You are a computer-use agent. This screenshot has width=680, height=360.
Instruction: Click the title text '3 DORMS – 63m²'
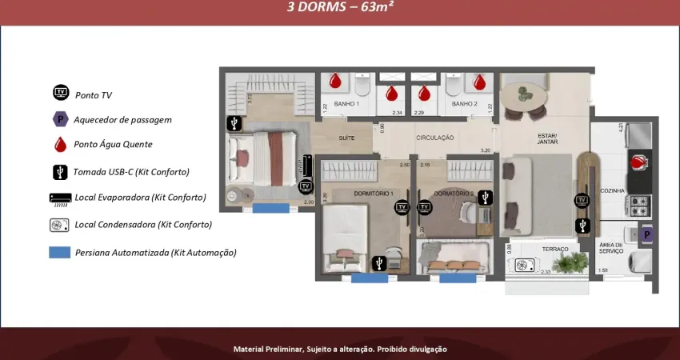pos(340,7)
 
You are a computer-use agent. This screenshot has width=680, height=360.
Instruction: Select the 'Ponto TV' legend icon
pos(61,93)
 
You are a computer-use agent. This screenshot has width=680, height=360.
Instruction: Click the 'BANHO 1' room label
pos(346,104)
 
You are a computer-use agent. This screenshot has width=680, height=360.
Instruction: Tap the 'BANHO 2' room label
pos(464,104)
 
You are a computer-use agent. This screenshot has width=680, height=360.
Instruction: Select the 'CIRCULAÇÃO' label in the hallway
pos(434,138)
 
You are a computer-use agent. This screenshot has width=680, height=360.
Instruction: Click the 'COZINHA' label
pos(612,190)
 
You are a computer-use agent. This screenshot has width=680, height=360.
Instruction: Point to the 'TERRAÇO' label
pos(554,249)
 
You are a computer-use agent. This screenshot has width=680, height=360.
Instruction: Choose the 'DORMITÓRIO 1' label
pos(373,194)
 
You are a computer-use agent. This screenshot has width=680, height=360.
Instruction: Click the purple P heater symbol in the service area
pos(646,235)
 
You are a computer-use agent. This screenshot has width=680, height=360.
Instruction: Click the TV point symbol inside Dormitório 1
pos(401,207)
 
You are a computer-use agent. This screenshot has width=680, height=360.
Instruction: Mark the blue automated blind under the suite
pos(271,208)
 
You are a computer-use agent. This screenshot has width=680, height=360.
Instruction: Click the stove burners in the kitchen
pos(639,206)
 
